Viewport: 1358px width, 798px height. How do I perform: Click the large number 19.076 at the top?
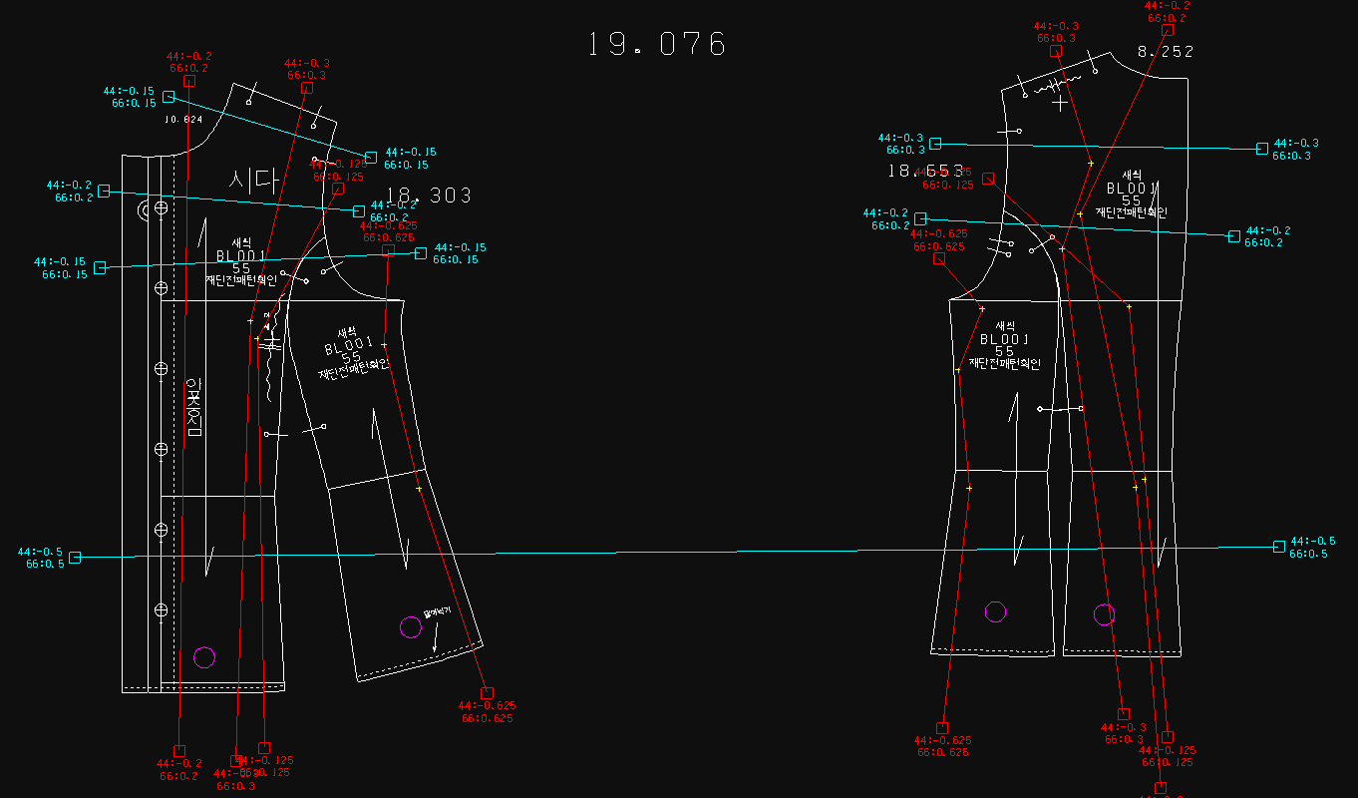click(x=657, y=44)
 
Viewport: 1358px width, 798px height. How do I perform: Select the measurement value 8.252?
click(x=1165, y=51)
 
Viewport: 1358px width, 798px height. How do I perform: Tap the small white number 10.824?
click(x=183, y=119)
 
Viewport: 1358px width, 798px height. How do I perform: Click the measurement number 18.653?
click(x=926, y=171)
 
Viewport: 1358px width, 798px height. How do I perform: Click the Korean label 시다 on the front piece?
click(x=251, y=181)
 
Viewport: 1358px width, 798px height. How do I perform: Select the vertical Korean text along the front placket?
click(x=194, y=407)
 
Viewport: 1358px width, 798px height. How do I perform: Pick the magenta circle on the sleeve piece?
click(x=410, y=627)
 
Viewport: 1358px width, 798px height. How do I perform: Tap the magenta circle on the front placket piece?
click(x=203, y=656)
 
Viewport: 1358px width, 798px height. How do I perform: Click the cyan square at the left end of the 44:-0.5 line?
click(x=75, y=558)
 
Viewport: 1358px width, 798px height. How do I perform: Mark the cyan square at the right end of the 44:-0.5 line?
click(x=1279, y=547)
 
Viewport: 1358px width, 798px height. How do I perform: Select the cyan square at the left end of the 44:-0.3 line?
click(x=935, y=144)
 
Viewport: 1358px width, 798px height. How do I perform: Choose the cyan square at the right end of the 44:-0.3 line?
click(x=1262, y=149)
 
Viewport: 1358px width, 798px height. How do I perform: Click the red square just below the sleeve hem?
click(x=487, y=692)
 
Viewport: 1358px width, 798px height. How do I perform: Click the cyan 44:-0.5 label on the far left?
click(x=40, y=552)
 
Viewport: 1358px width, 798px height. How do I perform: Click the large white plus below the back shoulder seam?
click(x=1059, y=102)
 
